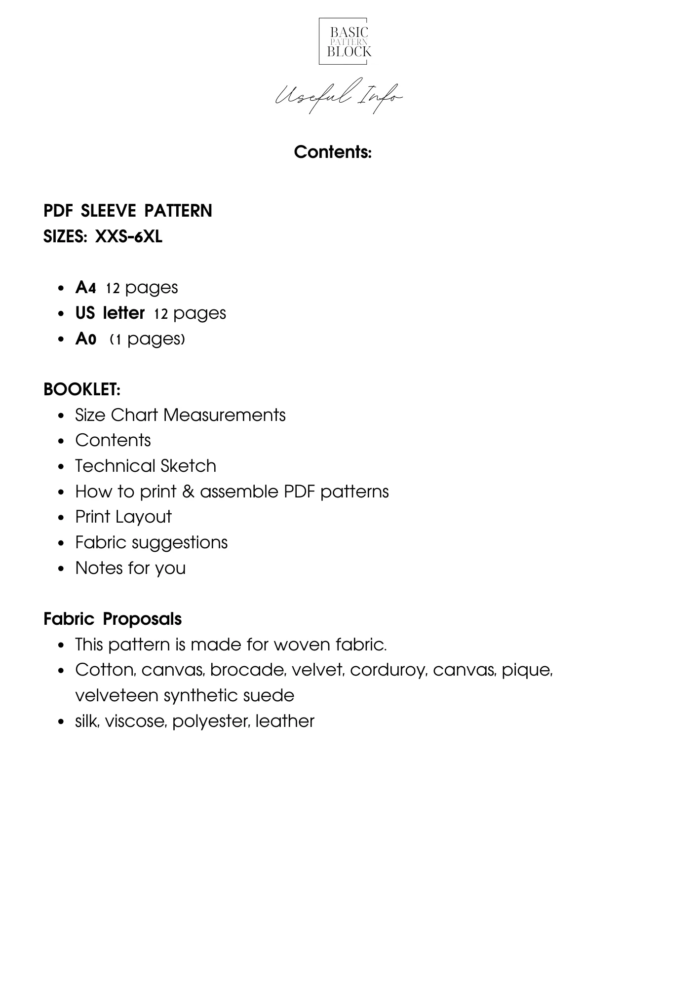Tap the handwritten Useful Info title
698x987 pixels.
tap(339, 96)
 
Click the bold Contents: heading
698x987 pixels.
tap(333, 152)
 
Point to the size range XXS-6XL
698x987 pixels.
tap(128, 237)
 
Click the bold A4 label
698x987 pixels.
tap(85, 288)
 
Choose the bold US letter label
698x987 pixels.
tap(110, 313)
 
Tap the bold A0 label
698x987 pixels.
tap(85, 339)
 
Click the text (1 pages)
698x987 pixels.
tap(147, 339)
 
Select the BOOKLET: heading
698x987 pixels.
tap(82, 389)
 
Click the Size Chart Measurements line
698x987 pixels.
tap(180, 415)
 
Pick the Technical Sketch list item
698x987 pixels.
tap(146, 466)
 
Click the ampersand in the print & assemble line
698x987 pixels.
tap(188, 492)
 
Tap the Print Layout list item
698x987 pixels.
tap(123, 517)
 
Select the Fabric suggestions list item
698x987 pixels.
tap(151, 542)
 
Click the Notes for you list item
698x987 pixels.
tap(130, 568)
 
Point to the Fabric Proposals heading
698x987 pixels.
tap(113, 619)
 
